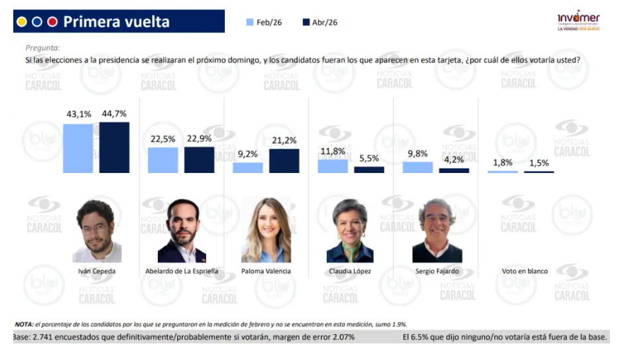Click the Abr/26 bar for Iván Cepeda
coord(114,147)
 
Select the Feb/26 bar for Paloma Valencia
coord(248,168)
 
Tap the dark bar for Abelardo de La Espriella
coord(200,160)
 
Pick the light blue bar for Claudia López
coord(333,166)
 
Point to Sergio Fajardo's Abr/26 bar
coord(454,170)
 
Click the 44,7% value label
coord(114,114)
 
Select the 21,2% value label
coord(284,140)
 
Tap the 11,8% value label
coord(333,151)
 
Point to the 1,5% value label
coord(539,162)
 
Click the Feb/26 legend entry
coord(264,23)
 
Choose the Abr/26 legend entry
coord(320,23)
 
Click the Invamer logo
coord(579,21)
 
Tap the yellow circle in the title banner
coord(22,22)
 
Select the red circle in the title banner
coord(52,22)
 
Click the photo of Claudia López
coord(350,230)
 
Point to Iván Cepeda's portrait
coord(97,231)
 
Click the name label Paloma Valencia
coord(266,271)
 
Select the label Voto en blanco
coord(525,271)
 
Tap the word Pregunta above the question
coord(42,48)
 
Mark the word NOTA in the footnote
coord(24,325)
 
